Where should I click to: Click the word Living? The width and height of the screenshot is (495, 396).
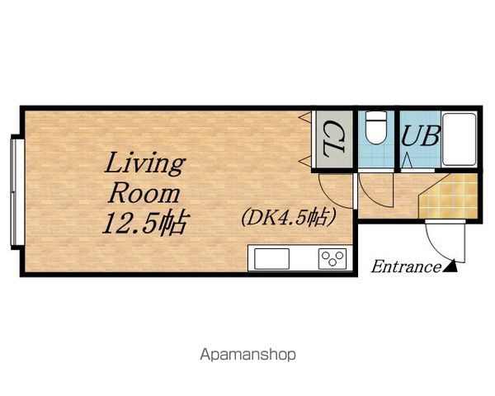(144, 163)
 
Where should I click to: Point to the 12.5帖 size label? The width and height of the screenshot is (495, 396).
(146, 223)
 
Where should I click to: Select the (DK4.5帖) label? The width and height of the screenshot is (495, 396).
(288, 218)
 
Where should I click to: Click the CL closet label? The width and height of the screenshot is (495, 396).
(332, 139)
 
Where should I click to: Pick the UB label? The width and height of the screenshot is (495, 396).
(421, 136)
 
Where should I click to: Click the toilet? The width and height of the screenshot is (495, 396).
(376, 127)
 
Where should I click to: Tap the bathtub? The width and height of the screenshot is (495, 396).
(460, 139)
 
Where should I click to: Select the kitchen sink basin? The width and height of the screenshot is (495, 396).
(271, 259)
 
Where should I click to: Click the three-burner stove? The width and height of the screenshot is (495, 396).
(332, 259)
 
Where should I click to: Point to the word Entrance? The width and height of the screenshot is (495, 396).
(406, 266)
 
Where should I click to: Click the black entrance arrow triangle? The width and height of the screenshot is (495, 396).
(450, 266)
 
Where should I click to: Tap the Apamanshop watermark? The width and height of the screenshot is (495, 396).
(247, 355)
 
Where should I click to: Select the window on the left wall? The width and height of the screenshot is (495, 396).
(13, 192)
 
